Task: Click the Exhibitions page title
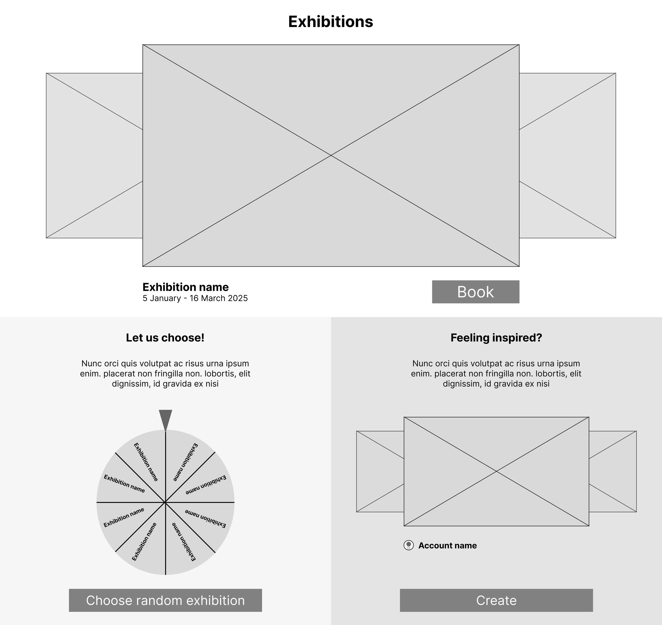coord(330,22)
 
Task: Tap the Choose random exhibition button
coord(165,600)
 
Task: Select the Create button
coord(496,600)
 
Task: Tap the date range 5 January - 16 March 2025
coord(195,298)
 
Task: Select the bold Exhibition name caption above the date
coord(186,287)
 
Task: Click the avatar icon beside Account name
coord(409,545)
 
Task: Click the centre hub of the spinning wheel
coord(165,502)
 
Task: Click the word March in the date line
coord(213,298)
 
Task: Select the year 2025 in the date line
coord(238,298)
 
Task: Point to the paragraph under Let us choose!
coord(165,373)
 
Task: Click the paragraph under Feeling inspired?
coord(496,373)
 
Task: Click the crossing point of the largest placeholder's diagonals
coord(331,155)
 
